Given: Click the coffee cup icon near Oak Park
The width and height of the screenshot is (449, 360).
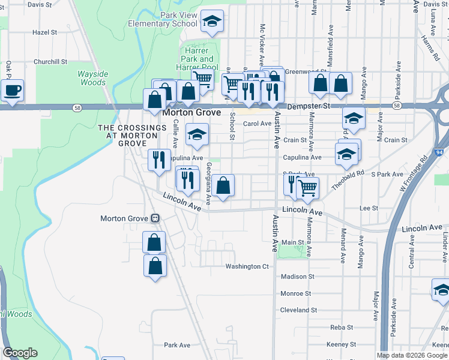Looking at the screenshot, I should pos(12,91).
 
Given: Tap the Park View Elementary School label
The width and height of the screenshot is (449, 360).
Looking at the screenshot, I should pos(162,19).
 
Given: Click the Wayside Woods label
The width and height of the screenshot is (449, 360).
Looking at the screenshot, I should pos(92,78).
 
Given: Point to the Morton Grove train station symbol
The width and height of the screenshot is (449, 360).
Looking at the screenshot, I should pos(155,218).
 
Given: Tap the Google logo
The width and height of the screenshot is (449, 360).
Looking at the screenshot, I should pos(20,353).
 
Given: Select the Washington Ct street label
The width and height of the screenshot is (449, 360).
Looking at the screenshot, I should pos(247,266).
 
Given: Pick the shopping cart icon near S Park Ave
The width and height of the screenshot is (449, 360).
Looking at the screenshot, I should pos(307,188).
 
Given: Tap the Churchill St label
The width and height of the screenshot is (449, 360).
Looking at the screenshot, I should pos(50,62).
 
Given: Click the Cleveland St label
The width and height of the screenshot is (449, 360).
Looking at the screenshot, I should pos(298,310).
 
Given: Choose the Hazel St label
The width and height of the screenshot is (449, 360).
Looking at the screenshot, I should pos(44,32).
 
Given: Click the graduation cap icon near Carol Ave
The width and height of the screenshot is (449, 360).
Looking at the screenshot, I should pos(196,135).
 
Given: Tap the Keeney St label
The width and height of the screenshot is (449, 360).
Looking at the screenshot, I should pos(341,344).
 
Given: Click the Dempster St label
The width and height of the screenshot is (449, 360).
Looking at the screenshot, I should pos(309,106).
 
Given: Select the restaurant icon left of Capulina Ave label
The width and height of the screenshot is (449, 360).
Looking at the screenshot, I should pos(158,160).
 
